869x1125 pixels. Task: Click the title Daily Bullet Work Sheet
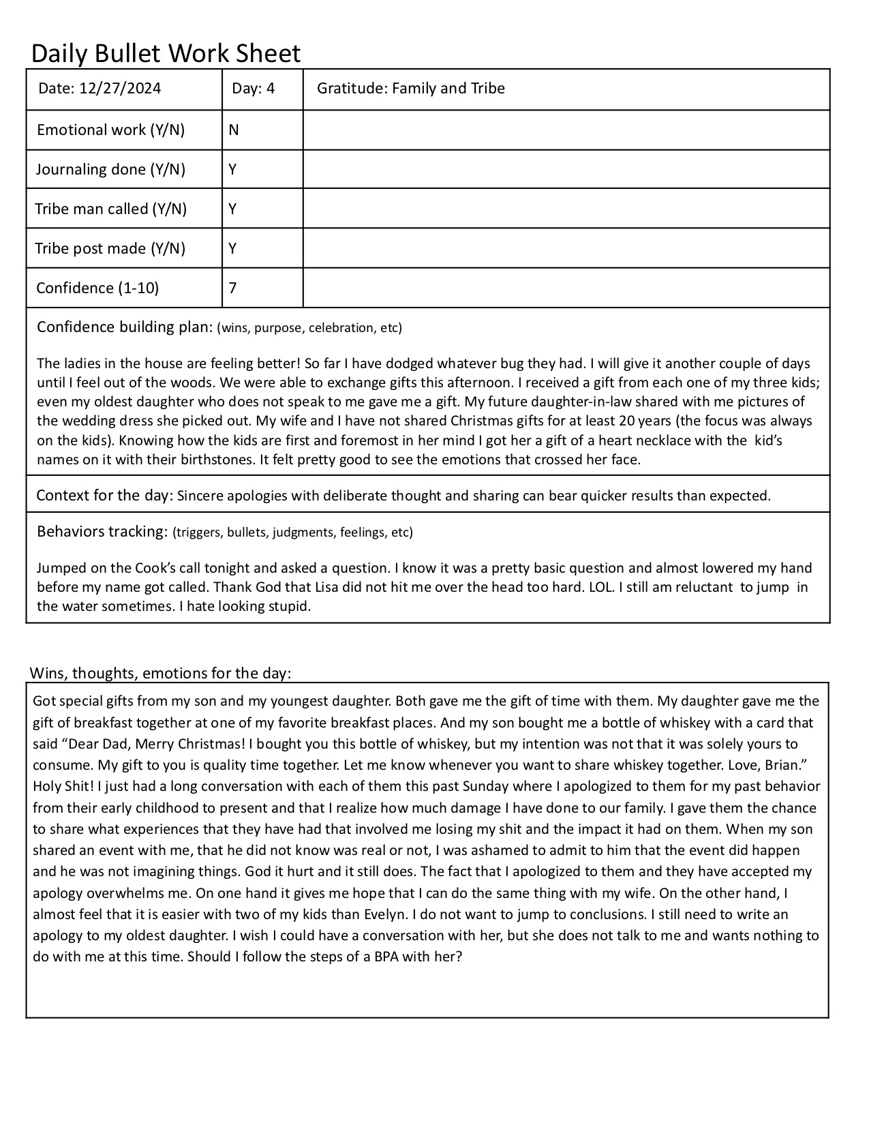[x=166, y=53]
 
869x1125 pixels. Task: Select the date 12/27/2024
[x=120, y=89]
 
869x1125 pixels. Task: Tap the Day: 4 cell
[x=254, y=89]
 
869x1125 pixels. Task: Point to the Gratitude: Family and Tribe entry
[x=411, y=89]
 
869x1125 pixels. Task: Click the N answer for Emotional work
[x=234, y=130]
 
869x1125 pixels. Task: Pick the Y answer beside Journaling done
[x=233, y=169]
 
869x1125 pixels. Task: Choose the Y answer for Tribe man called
[x=233, y=209]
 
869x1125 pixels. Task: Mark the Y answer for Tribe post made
[x=233, y=248]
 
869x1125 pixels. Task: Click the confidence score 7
[x=233, y=288]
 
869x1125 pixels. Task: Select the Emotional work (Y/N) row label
[x=110, y=130]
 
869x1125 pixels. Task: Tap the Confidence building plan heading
[x=125, y=327]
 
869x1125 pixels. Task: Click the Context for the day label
[x=104, y=495]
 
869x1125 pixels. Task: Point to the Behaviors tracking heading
[x=102, y=532]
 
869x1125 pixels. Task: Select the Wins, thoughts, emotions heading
[x=160, y=674]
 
